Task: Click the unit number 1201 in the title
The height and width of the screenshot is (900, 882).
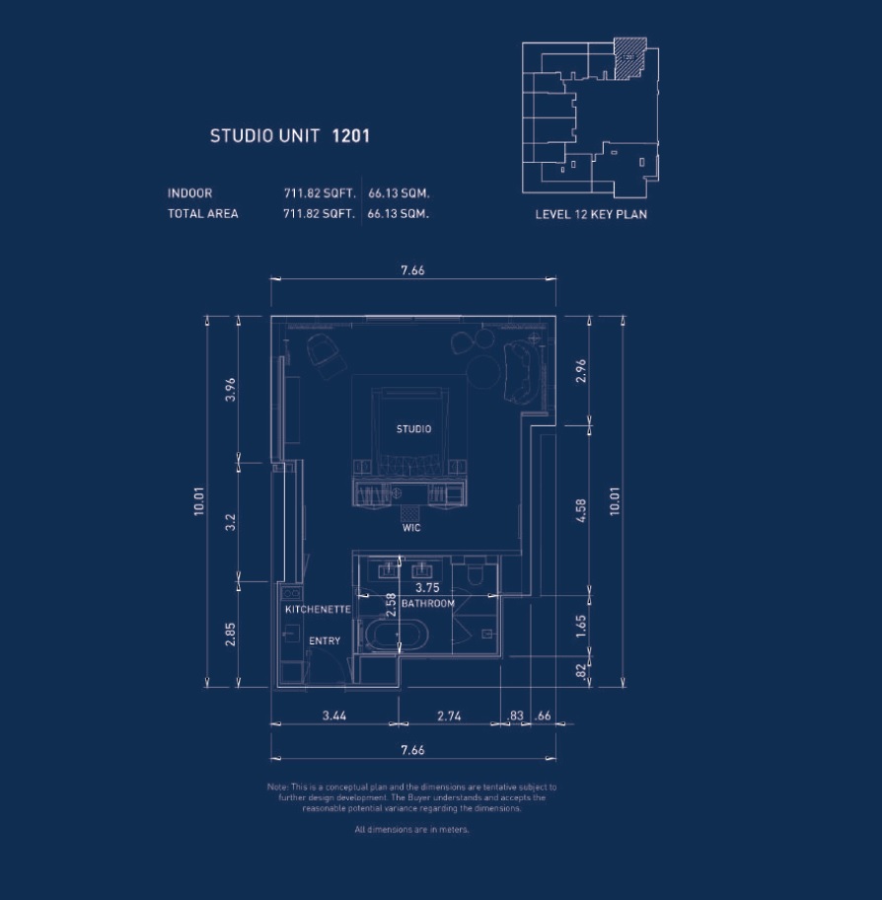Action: tap(350, 136)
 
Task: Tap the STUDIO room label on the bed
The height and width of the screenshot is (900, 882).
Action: tap(413, 429)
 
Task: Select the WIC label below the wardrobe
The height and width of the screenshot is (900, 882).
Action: tap(411, 528)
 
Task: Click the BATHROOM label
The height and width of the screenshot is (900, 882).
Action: tap(428, 603)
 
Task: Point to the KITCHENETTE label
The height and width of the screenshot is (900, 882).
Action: tap(318, 610)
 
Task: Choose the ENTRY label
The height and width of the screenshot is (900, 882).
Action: tap(325, 641)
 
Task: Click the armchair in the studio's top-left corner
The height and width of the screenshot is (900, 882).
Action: tap(322, 350)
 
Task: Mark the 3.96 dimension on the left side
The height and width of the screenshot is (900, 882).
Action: tap(231, 389)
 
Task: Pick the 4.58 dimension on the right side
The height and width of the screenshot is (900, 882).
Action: tap(581, 510)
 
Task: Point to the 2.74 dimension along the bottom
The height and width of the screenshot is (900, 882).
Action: tap(448, 716)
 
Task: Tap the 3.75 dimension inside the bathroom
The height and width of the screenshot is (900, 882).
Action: tap(427, 588)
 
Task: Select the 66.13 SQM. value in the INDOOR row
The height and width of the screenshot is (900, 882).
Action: tap(399, 193)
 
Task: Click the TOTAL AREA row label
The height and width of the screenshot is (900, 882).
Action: tap(202, 213)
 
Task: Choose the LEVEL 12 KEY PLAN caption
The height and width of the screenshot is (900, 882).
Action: tap(591, 214)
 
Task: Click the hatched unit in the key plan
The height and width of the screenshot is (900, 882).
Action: tap(630, 58)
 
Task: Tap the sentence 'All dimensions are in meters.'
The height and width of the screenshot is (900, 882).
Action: tap(412, 830)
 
